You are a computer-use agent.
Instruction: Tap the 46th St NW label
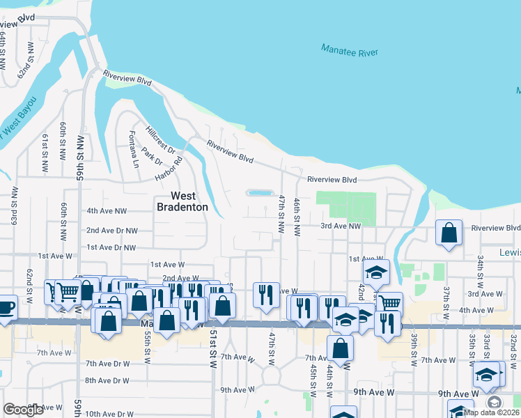click(x=297, y=217)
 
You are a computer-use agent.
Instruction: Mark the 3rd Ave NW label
click(x=341, y=226)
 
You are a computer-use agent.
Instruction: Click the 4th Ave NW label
click(x=107, y=210)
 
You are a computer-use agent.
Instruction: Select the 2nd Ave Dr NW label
click(x=111, y=230)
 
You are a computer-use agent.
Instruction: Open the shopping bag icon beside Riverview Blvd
click(x=449, y=232)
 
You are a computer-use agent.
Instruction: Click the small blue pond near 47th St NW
click(x=259, y=193)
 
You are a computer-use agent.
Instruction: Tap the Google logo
click(x=24, y=410)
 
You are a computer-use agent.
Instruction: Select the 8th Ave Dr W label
click(x=107, y=380)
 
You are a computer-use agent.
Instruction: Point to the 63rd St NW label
click(x=14, y=203)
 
